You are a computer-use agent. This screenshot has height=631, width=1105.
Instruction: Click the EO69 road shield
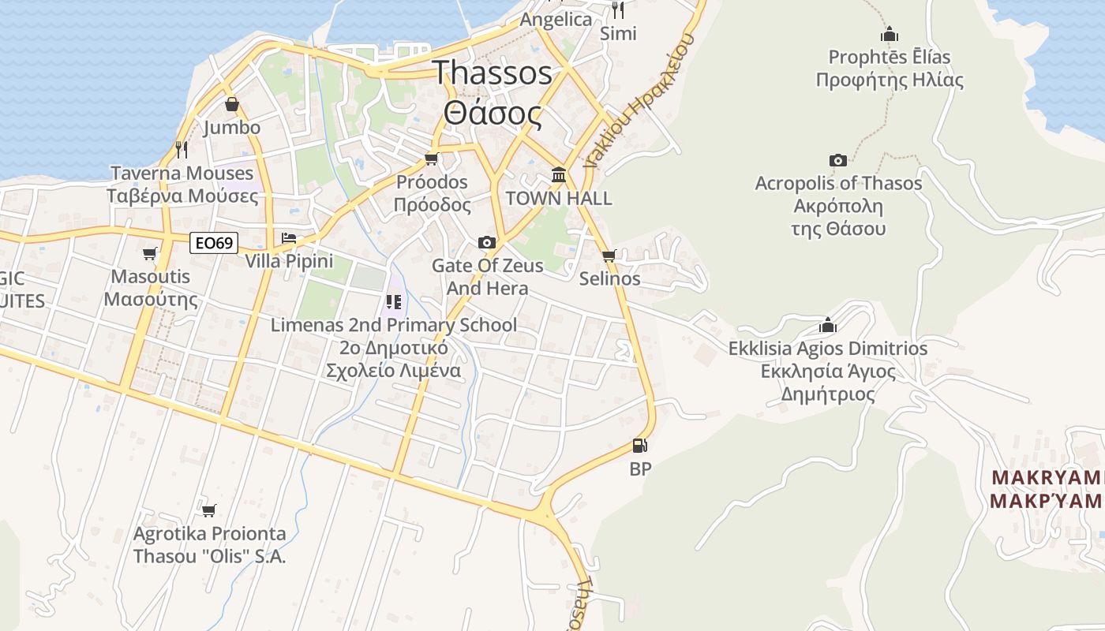(214, 243)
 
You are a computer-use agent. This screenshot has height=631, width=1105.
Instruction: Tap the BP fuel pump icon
(639, 446)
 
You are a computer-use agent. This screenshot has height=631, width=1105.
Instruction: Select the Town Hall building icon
(559, 174)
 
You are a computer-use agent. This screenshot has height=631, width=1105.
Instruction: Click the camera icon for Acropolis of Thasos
(838, 161)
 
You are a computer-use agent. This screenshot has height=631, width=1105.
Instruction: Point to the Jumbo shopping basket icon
(232, 104)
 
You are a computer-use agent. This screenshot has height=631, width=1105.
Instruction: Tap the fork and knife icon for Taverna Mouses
(182, 149)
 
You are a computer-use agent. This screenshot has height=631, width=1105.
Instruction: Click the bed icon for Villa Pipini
(289, 238)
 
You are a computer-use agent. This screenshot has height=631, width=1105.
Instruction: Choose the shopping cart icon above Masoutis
(150, 253)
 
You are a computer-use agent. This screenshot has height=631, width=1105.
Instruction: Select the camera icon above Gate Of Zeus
(487, 242)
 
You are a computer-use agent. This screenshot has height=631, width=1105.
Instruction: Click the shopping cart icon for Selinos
(609, 256)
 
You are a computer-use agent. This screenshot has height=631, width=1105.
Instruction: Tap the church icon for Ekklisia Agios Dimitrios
(827, 325)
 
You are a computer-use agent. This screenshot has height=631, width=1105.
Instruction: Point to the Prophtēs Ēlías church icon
(890, 35)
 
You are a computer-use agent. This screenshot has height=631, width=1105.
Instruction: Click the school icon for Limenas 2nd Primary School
(394, 301)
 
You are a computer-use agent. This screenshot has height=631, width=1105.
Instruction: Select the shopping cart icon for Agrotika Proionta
(208, 510)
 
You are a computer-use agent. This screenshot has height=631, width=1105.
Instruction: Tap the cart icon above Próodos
(431, 159)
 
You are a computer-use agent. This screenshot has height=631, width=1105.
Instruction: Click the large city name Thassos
(493, 73)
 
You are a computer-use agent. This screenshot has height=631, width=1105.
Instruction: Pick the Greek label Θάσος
(493, 114)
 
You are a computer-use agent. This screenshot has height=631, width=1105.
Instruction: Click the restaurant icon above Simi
(618, 10)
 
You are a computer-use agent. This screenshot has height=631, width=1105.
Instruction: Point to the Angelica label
(556, 20)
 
